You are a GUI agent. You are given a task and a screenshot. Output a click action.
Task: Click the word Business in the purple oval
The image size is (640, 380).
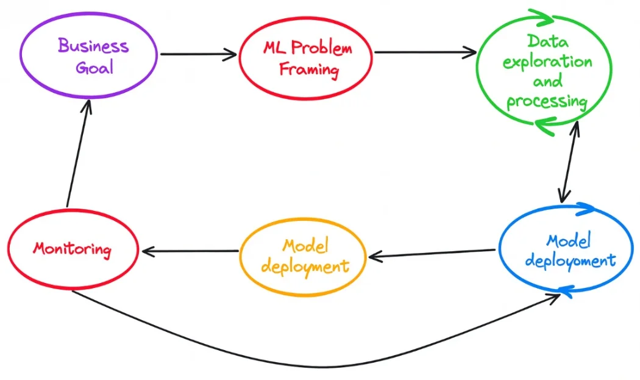click(x=93, y=46)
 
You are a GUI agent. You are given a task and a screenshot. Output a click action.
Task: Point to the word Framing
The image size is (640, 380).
click(x=309, y=69)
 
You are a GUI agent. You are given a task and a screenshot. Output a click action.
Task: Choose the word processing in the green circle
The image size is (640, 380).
click(x=547, y=101)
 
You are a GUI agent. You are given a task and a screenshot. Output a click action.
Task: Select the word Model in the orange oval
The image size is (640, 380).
click(x=305, y=246)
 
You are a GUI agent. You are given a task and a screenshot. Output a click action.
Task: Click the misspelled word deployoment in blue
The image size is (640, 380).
click(x=570, y=261)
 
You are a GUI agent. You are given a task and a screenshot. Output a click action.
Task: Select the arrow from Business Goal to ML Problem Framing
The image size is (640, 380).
click(x=198, y=54)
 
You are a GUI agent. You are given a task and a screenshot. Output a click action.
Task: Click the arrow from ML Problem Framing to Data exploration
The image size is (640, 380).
click(x=425, y=52)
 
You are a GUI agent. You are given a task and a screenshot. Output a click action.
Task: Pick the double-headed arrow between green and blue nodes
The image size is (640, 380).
click(x=569, y=162)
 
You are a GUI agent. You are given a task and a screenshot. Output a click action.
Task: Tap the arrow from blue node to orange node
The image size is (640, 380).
click(x=432, y=253)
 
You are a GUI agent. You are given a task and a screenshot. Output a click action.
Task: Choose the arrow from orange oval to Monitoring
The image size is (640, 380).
click(x=189, y=251)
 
